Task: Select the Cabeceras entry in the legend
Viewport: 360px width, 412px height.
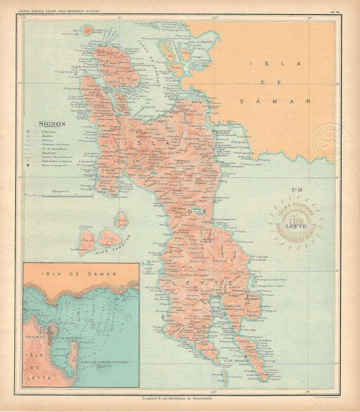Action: [x=50, y=132]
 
